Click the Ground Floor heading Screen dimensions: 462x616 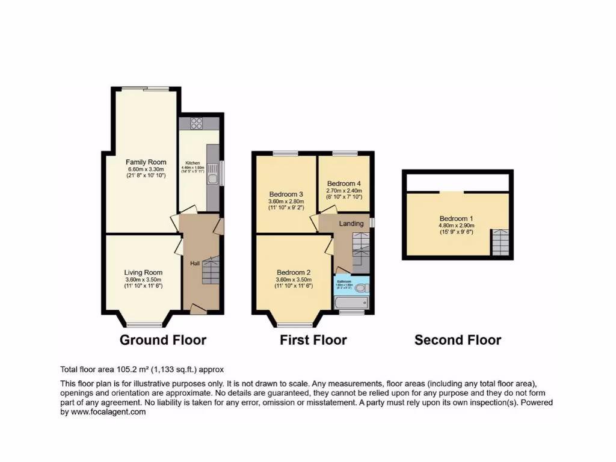click(x=163, y=340)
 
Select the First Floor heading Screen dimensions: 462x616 click(x=313, y=340)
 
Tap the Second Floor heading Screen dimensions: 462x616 click(x=458, y=340)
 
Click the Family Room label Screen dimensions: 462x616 click(x=146, y=162)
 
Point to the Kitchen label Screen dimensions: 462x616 click(x=192, y=163)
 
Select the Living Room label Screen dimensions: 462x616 click(x=143, y=272)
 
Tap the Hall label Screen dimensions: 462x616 click(x=195, y=263)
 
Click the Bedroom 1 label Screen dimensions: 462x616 click(x=456, y=218)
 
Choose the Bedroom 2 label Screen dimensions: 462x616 click(x=294, y=272)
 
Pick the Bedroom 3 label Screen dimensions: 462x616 click(x=286, y=194)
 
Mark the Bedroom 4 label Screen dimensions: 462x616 click(x=343, y=183)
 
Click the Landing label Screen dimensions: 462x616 click(x=351, y=224)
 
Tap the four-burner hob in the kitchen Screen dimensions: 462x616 click(x=197, y=123)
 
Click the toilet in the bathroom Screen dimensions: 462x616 click(x=361, y=288)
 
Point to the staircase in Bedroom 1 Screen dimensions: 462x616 click(x=500, y=243)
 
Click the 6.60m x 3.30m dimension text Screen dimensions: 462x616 click(x=146, y=169)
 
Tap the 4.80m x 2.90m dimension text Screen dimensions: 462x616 click(x=456, y=226)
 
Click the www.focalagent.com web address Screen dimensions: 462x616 click(x=108, y=412)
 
